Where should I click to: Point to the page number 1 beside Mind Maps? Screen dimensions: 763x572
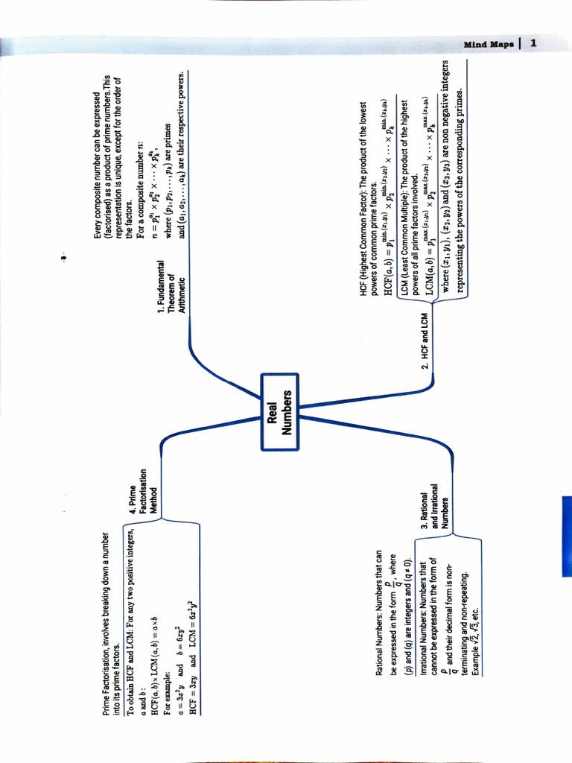[x=533, y=42]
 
